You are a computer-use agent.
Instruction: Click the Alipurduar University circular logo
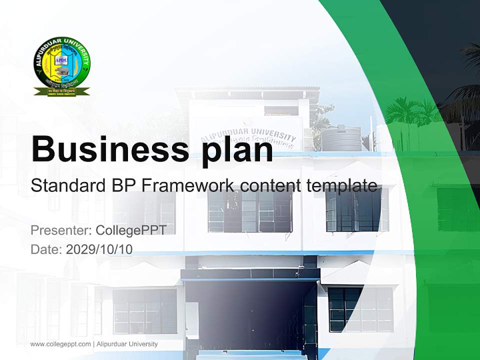coord(62,63)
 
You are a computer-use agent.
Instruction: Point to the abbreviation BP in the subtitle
coord(123,186)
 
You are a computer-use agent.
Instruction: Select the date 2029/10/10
coord(99,249)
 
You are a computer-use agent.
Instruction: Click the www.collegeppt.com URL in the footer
coord(60,344)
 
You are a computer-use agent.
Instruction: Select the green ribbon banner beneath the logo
coord(62,91)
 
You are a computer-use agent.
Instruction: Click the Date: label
coord(46,249)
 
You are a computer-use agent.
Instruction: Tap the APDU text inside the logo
coord(60,59)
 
